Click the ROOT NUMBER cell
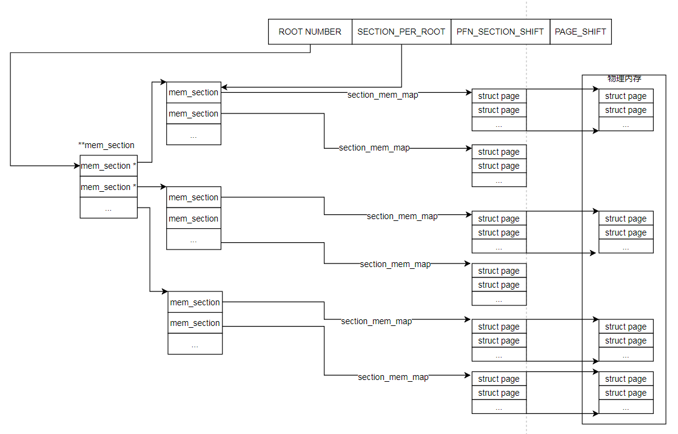(310, 32)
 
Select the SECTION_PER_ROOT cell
(401, 32)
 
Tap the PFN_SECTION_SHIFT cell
(500, 32)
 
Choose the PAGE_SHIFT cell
(580, 32)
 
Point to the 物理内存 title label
(624, 79)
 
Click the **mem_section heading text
(106, 145)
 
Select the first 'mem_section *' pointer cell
(109, 166)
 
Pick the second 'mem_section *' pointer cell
(109, 187)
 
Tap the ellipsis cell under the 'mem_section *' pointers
(109, 208)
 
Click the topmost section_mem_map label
(383, 95)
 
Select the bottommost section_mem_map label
(393, 377)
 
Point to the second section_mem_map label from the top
(374, 147)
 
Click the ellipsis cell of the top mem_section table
(193, 135)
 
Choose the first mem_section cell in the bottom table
(195, 302)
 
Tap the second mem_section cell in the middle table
(193, 219)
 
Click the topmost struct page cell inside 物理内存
(625, 96)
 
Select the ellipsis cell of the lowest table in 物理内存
(625, 407)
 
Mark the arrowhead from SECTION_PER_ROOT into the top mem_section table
(225, 87)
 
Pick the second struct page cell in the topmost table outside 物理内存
(498, 110)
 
